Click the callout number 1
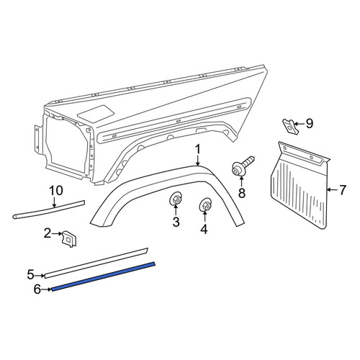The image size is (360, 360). (197, 150)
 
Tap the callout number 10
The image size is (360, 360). (56, 191)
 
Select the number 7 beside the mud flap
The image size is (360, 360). (343, 190)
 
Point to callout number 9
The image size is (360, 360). (309, 124)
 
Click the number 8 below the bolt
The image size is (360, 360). (242, 192)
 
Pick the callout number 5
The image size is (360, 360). (31, 275)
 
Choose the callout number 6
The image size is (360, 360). (37, 289)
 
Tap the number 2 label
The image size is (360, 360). (48, 233)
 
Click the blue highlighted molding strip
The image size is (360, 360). (104, 276)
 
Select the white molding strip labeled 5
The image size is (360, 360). (96, 263)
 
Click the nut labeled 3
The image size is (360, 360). (176, 199)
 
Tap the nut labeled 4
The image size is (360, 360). (205, 205)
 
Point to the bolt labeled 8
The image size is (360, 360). (243, 166)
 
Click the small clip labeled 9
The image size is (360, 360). (289, 127)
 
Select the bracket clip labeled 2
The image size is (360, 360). (69, 239)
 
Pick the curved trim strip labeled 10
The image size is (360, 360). (49, 210)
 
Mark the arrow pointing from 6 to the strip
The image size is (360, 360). (47, 289)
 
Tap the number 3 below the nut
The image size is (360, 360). (176, 222)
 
